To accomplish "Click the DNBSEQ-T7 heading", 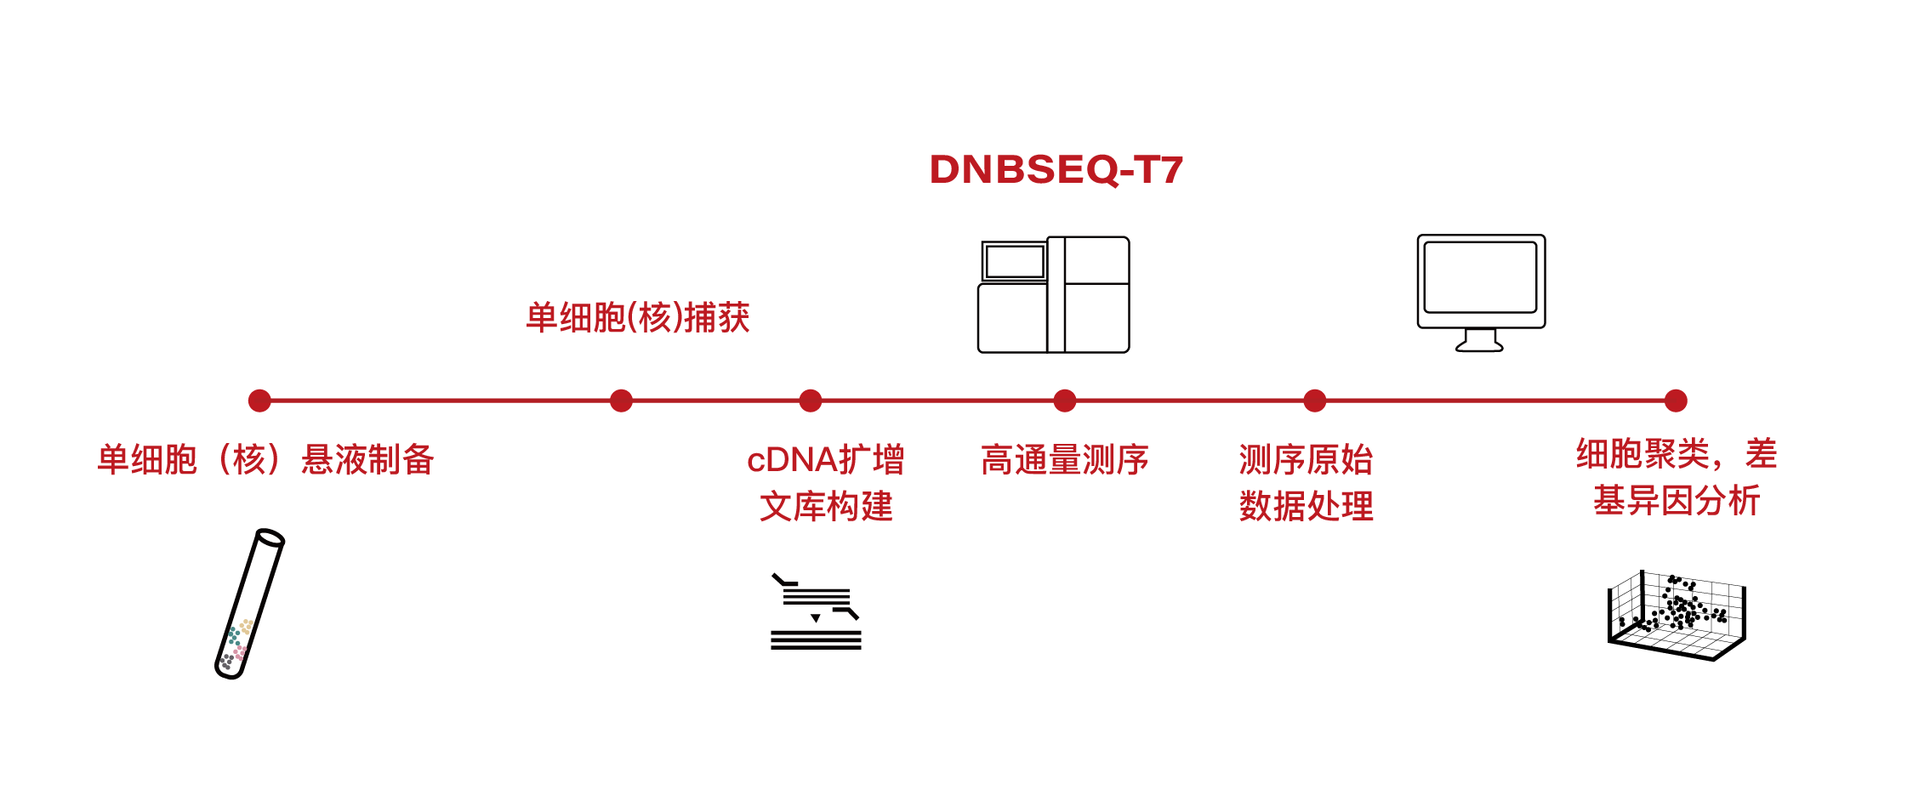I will click(x=1056, y=169).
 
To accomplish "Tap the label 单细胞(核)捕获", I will click(x=638, y=318).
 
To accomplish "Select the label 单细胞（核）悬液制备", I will click(x=265, y=460).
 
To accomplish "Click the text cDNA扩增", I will click(x=825, y=460).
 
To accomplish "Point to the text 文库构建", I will click(x=825, y=507).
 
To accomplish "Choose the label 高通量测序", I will click(x=1064, y=460).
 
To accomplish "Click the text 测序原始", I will click(x=1306, y=460).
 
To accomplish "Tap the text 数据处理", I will click(x=1306, y=506).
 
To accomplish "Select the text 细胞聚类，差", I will click(x=1676, y=454).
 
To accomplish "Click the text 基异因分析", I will click(x=1676, y=500).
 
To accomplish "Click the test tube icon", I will click(x=249, y=604).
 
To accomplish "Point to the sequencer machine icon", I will click(x=1053, y=294).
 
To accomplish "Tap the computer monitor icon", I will click(x=1481, y=292).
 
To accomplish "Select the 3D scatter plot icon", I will click(x=1676, y=615).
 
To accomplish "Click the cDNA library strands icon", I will click(x=816, y=612).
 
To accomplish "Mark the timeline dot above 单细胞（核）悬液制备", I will click(x=259, y=401).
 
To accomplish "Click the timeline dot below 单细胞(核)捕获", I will click(x=622, y=401).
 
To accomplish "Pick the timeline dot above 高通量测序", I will click(x=1064, y=401).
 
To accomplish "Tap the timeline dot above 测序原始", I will click(x=1314, y=401).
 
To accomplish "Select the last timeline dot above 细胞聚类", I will click(x=1676, y=401).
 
